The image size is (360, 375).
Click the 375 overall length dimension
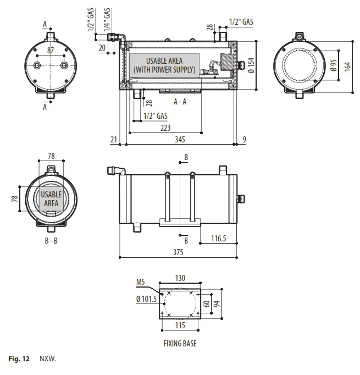pos(178,252)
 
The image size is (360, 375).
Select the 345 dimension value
pos(180,140)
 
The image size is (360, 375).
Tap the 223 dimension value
pos(164,128)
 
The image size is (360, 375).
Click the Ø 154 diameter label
pos(251,65)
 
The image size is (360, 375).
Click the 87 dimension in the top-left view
pos(51,50)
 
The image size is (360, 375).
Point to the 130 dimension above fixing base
pos(180,278)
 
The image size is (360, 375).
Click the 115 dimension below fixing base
pos(180,326)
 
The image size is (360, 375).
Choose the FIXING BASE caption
pos(180,344)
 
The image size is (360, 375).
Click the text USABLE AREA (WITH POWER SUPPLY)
pos(164,65)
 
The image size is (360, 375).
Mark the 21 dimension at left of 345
pos(114,140)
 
